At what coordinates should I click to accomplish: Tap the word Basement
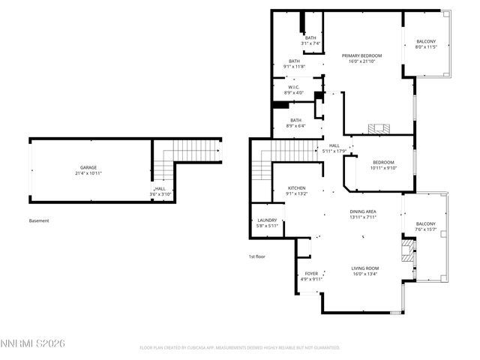[x=38, y=221]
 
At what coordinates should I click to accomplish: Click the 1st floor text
[x=256, y=256]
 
